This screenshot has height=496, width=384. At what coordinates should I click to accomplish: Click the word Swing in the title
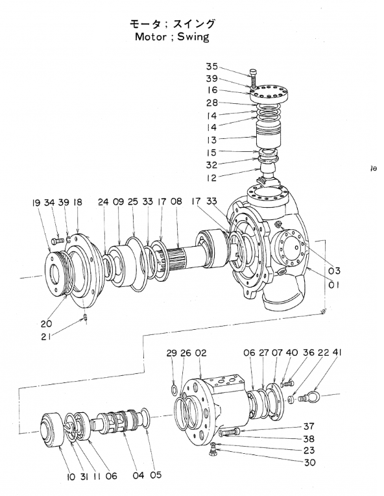pos(193,37)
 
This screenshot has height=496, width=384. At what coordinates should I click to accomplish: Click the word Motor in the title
pos(150,36)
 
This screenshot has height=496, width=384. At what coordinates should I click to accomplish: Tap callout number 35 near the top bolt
pos(212,66)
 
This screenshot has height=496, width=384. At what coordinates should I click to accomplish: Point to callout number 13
pos(211,140)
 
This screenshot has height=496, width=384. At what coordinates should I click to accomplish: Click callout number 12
pos(211,178)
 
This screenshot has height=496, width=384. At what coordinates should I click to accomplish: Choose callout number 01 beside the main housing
pos(334,285)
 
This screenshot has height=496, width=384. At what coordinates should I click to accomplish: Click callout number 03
pos(334,271)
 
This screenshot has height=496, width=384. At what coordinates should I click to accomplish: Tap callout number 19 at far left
pos(36,203)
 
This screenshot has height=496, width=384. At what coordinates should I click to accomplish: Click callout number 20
pos(46,324)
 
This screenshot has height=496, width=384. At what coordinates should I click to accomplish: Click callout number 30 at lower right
pos(310,462)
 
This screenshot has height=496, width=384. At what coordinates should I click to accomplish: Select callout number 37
pos(309,427)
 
